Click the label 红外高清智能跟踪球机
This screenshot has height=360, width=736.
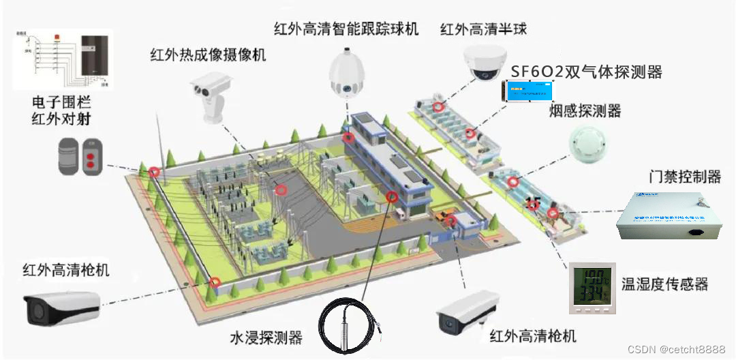[346, 29]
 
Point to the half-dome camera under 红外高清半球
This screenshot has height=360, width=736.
[485, 63]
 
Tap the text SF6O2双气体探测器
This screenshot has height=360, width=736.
[586, 72]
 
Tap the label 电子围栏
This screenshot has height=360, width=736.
[61, 103]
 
